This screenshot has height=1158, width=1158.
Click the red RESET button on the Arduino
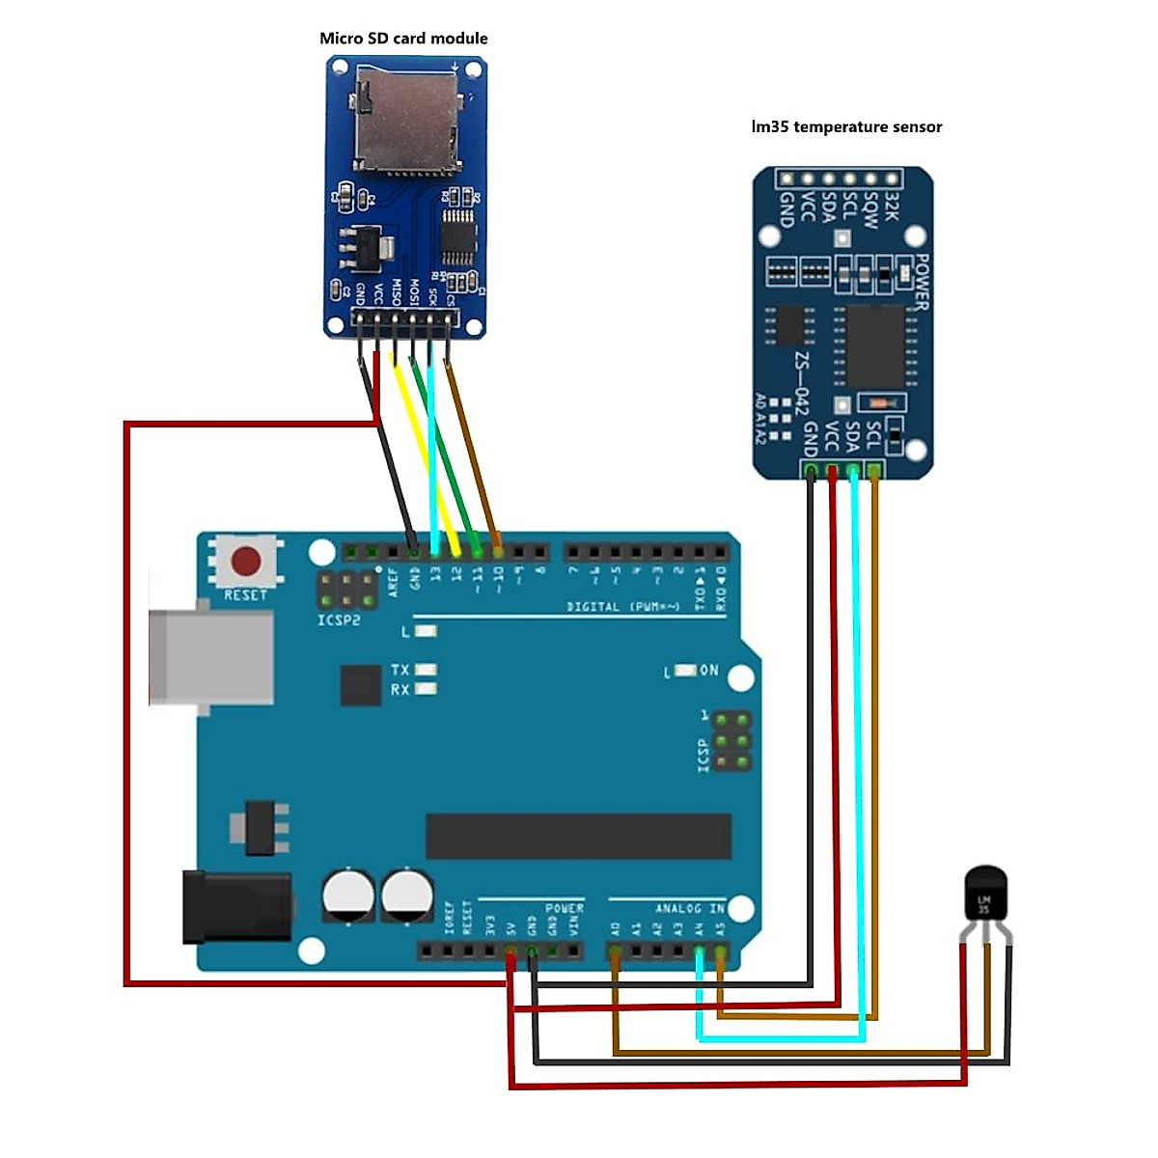point(245,561)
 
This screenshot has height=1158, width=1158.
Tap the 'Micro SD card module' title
point(403,39)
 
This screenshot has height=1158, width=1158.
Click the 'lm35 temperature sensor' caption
point(846,126)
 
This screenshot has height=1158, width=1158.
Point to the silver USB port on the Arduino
point(208,657)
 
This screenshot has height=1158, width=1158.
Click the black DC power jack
point(236,907)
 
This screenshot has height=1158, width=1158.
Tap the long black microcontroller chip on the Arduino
point(578,836)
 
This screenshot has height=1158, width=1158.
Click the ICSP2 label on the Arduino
point(339,620)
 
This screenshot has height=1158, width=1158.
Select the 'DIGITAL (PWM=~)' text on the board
point(622,607)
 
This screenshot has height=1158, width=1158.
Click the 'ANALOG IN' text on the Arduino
point(689,909)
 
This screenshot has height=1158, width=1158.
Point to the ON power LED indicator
point(686,670)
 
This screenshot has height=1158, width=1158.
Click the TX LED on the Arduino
point(425,669)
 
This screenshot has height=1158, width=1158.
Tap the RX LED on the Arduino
point(425,689)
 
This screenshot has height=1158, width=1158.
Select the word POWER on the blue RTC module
point(921,282)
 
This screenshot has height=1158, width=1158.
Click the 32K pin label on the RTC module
point(892,206)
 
